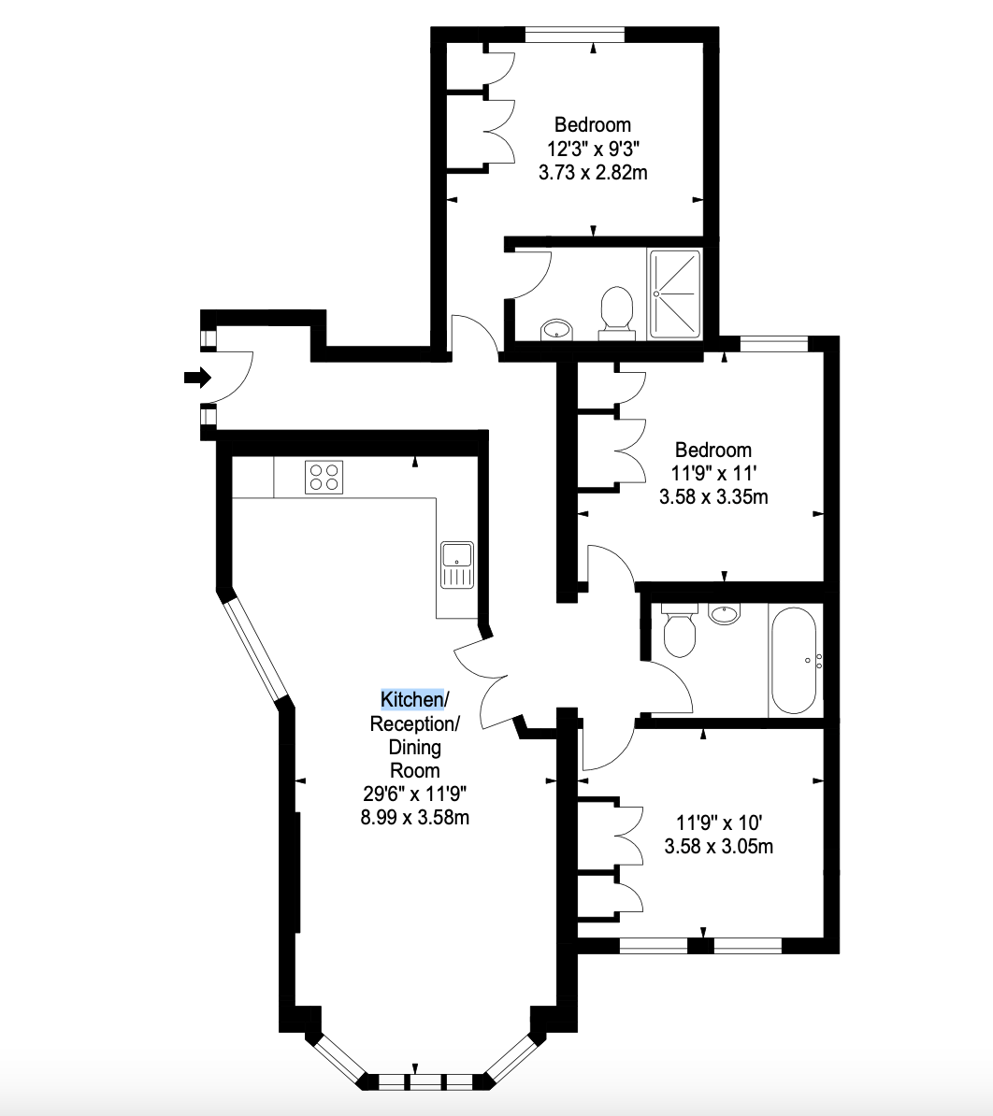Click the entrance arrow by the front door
coord(198,378)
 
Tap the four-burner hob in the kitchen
coord(324,477)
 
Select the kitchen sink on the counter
coord(457,565)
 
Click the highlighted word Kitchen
coord(412,700)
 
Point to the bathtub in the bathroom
coord(794,661)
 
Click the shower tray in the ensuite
coord(674,293)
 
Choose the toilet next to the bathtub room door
coord(679,630)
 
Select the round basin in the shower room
coord(556,329)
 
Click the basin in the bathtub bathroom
coord(725,613)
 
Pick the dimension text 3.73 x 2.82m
coord(593,173)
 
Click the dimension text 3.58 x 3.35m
coord(713,497)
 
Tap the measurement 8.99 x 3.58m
coord(414,817)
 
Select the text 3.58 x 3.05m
coord(718,846)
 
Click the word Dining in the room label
coord(414,748)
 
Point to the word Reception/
coord(414,723)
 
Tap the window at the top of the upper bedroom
coord(575,35)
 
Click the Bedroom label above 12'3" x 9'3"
coord(592,125)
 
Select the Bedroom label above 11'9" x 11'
coord(712,450)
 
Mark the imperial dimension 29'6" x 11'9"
coord(414,794)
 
